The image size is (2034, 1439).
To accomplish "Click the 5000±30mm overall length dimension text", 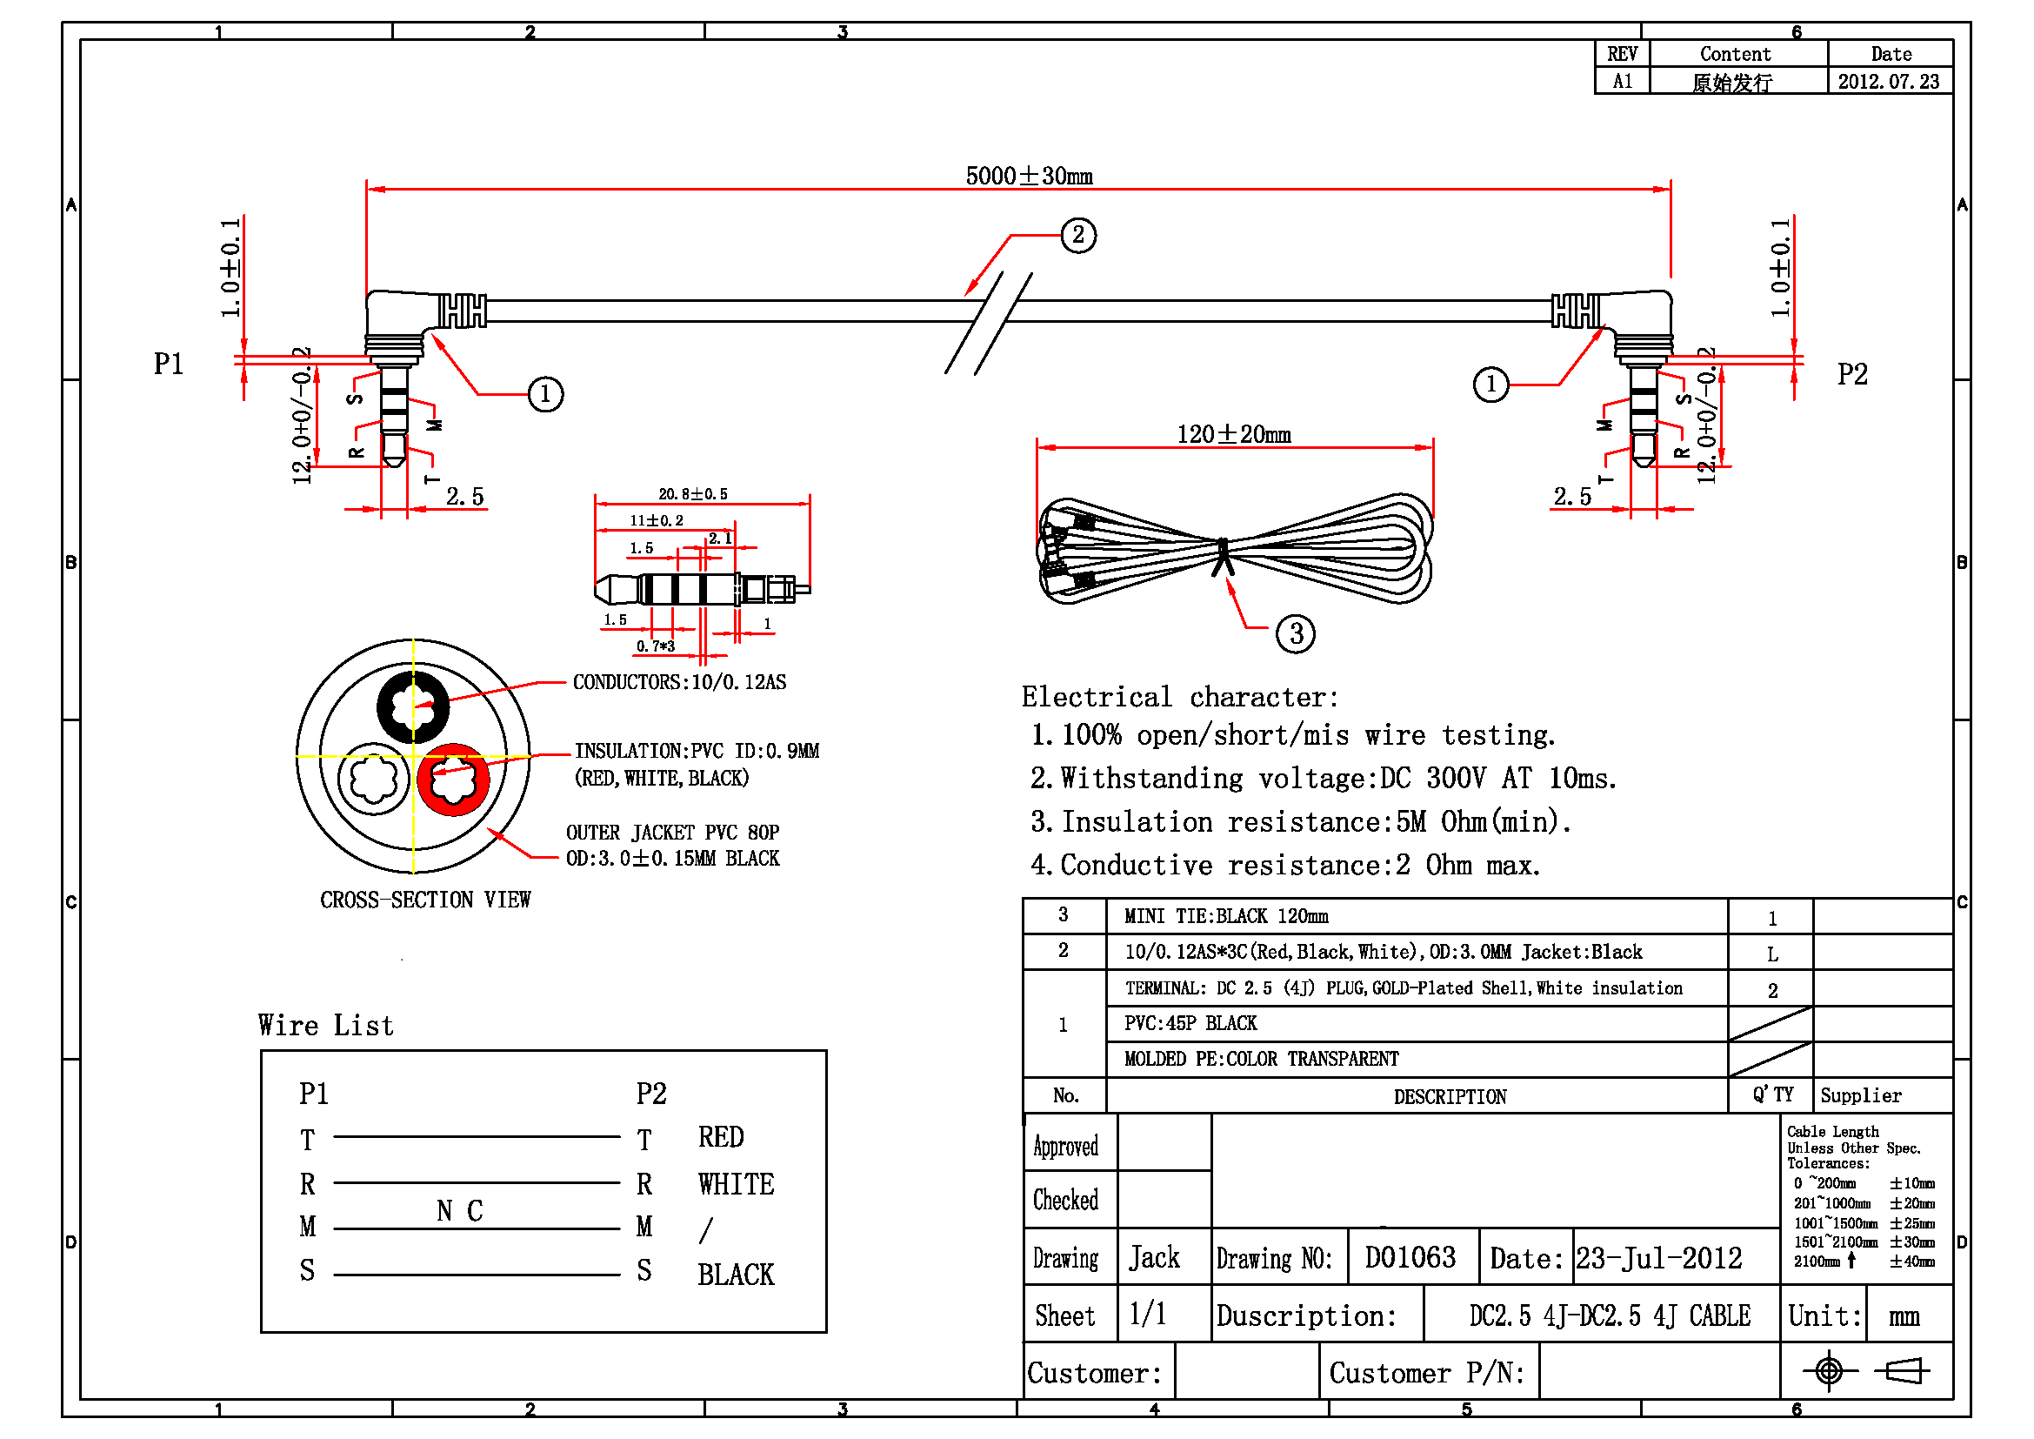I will tap(1029, 176).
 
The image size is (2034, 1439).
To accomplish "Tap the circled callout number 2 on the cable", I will tap(1078, 235).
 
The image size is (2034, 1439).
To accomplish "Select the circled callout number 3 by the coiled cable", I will tap(1295, 633).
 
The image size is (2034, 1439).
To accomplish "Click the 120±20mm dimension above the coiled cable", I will tap(1233, 434).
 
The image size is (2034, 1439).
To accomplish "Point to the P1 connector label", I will tap(169, 364).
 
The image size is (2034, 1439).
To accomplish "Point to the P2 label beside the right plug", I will tap(1851, 374).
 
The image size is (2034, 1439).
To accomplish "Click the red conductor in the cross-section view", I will tap(454, 779).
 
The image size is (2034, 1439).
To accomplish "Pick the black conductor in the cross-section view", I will tap(413, 706).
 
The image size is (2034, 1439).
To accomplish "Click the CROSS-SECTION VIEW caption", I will tap(425, 900).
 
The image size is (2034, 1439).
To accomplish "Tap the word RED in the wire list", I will tap(720, 1137).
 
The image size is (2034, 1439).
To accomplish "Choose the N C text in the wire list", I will tap(460, 1210).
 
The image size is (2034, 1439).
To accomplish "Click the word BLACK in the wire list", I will tap(736, 1275).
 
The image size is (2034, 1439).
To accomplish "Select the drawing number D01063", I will tap(1410, 1257).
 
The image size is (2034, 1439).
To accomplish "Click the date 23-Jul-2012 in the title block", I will tap(1658, 1257).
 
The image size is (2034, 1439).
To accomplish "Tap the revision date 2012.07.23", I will tap(1888, 82).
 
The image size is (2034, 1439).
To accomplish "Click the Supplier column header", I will tap(1860, 1095).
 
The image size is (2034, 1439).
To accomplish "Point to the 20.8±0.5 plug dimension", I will tap(693, 493).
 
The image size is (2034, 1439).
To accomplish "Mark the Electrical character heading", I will tap(1179, 698).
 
